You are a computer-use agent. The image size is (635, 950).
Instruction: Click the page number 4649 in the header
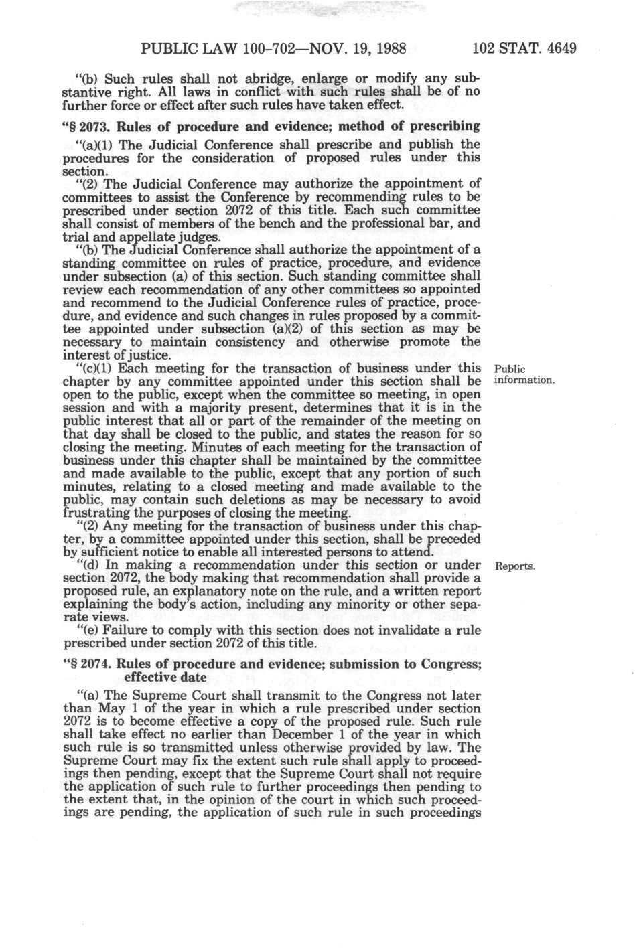pyautogui.click(x=555, y=49)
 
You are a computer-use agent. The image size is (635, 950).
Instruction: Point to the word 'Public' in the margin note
pyautogui.click(x=509, y=369)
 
